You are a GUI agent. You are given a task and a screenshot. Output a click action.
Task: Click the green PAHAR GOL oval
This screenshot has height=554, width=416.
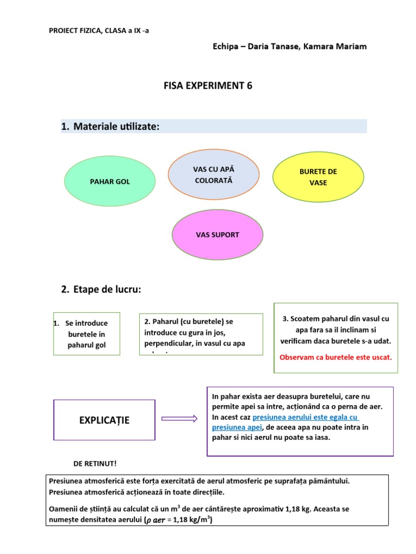pos(110,182)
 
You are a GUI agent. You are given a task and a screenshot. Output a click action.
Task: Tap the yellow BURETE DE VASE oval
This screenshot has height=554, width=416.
pos(318,177)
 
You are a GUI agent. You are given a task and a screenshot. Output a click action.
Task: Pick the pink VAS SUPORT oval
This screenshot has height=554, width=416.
pos(217,235)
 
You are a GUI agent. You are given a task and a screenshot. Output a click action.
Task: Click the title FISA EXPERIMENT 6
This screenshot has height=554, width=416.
pos(208,85)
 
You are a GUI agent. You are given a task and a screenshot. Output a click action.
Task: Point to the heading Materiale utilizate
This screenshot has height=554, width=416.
pos(116,127)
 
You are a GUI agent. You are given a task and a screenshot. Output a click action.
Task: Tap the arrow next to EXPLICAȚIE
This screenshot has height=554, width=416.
pos(179,418)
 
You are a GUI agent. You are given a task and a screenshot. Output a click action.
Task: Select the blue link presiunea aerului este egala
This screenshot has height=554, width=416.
pos(306,417)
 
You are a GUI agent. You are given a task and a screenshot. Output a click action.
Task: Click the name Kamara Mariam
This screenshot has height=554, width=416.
pos(339,47)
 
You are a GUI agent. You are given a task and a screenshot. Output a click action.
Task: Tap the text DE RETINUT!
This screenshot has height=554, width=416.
pos(95,464)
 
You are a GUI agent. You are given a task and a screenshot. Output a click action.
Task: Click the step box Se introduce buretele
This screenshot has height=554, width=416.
pos(87,334)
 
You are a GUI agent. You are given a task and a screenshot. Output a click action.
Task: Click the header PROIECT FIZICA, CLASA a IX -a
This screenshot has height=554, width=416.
pos(99,30)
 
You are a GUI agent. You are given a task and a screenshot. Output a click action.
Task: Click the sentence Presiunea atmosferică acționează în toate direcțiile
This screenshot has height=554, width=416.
pos(136,492)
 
